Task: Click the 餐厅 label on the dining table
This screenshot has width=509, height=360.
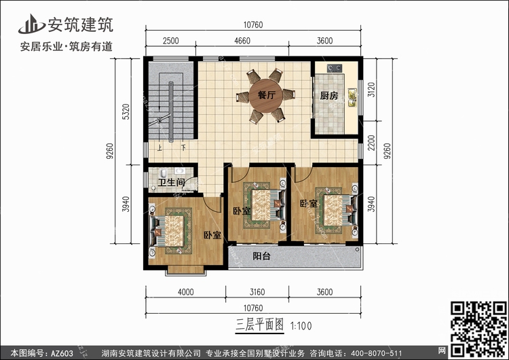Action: coord(267,95)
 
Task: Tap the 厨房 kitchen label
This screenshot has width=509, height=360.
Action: coord(329,96)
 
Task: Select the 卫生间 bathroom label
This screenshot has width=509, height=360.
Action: coord(172,182)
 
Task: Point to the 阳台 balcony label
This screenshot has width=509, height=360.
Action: coord(262,256)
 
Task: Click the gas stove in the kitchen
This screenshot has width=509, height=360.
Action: coord(335,68)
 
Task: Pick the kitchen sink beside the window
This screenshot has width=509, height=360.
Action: coord(352,98)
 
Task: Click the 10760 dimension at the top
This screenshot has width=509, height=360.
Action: coord(253,24)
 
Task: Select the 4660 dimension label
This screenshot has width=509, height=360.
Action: coord(242,41)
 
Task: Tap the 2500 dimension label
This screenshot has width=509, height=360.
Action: coord(171,41)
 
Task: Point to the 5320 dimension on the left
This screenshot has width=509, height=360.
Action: coord(126,111)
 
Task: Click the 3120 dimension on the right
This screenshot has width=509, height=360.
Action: coord(371,90)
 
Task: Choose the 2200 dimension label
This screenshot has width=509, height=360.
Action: coord(371,143)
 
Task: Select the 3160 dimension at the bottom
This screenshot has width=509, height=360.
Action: coord(257,292)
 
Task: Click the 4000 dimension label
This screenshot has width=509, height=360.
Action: coord(186,292)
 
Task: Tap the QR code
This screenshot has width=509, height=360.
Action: coord(479,329)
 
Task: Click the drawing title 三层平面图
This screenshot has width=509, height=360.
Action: coord(260,325)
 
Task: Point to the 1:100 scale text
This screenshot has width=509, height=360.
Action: coord(301,325)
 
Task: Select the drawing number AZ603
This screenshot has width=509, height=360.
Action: coord(62,353)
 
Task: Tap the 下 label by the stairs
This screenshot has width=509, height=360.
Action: coord(184,148)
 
